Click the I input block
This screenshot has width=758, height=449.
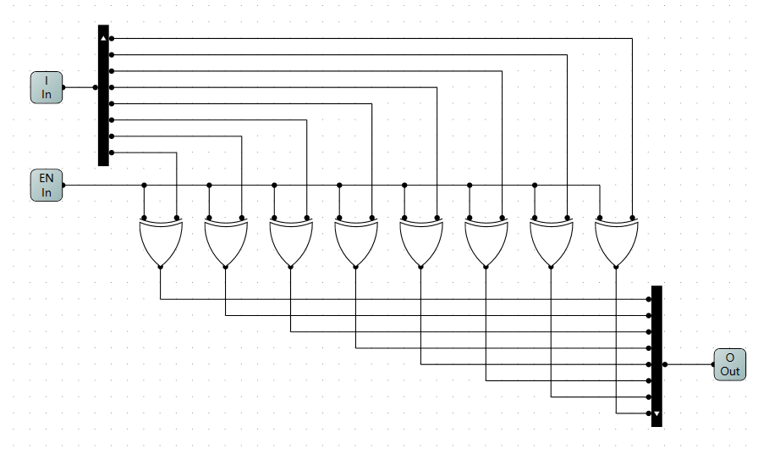47,87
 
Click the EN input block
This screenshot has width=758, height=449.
47,186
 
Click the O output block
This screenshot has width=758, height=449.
729,364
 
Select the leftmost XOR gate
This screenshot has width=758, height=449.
160,241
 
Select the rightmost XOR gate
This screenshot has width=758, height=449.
617,241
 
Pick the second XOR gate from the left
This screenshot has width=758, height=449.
225,241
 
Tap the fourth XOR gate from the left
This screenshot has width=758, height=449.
355,241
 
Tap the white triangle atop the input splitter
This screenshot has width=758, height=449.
103,39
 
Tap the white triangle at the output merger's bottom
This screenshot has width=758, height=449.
656,414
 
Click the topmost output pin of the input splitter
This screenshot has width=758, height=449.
112,38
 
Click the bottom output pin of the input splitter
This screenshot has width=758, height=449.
112,152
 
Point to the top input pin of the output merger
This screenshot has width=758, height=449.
649,299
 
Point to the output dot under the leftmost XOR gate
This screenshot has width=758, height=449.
160,267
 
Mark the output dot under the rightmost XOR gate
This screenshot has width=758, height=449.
617,267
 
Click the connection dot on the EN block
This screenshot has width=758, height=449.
64,186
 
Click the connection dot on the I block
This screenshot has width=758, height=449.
64,87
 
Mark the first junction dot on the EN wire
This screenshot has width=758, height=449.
145,185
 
